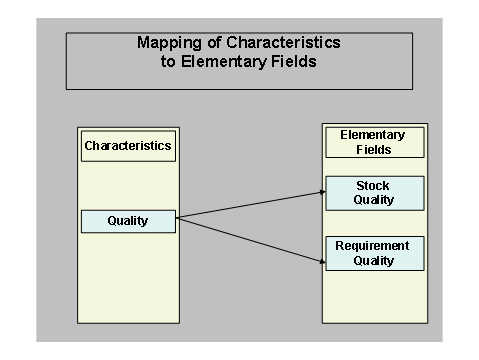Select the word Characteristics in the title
tap(281, 43)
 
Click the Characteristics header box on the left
tap(127, 146)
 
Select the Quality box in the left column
tap(128, 221)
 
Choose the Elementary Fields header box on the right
tap(374, 142)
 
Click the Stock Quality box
tap(374, 193)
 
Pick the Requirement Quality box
tap(374, 253)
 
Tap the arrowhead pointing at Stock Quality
tap(322, 190)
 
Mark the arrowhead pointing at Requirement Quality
tap(322, 262)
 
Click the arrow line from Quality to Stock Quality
tap(250, 203)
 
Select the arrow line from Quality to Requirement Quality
tap(250, 241)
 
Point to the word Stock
tap(374, 186)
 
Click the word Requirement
tap(374, 246)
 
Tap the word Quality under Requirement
tap(374, 261)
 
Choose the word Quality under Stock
tap(374, 200)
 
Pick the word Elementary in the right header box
tap(374, 135)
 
